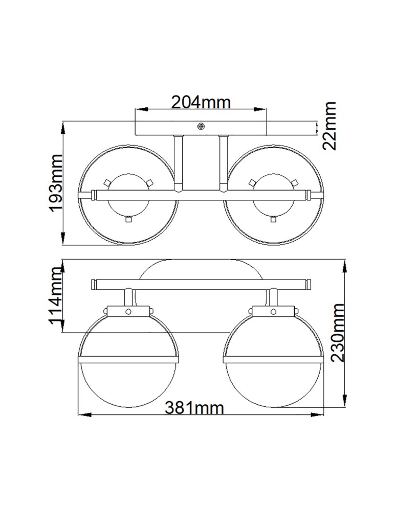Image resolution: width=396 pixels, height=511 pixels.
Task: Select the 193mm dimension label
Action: click(x=54, y=183)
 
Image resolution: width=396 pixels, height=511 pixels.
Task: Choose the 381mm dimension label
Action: click(x=194, y=408)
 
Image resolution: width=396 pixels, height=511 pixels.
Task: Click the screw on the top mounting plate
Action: click(x=201, y=125)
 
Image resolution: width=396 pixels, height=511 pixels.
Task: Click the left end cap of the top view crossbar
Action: click(x=93, y=194)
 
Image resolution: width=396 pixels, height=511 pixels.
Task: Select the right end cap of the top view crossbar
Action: click(x=309, y=194)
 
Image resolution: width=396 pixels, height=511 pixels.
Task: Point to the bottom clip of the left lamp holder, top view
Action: click(x=128, y=219)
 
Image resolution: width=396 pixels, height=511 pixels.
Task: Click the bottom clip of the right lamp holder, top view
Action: click(x=273, y=219)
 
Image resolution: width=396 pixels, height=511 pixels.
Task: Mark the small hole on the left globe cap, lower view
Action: click(x=129, y=310)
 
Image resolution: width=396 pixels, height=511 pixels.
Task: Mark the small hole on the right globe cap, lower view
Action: click(x=274, y=310)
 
